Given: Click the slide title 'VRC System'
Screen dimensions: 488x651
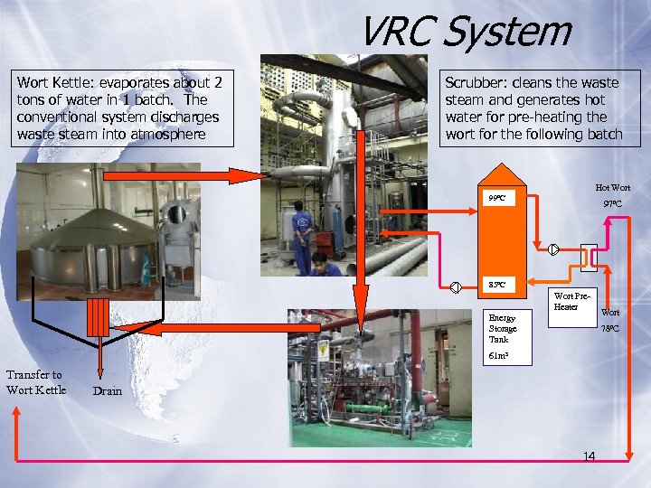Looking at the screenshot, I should pyautogui.click(x=465, y=32).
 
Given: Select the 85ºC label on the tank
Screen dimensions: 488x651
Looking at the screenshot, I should pyautogui.click(x=496, y=286).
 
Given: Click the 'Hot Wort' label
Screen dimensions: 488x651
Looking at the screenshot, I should pyautogui.click(x=612, y=187).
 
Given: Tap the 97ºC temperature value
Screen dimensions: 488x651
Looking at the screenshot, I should pyautogui.click(x=612, y=204).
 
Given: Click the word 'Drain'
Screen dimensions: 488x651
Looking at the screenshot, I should pyautogui.click(x=108, y=391).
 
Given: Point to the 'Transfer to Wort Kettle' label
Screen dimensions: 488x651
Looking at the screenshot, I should pyautogui.click(x=35, y=382).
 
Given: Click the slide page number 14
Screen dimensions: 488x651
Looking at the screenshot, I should pyautogui.click(x=589, y=456).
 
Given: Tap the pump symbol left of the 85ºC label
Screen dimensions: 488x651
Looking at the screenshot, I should pyautogui.click(x=457, y=287).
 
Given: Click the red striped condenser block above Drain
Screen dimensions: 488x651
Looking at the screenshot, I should pyautogui.click(x=99, y=317).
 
